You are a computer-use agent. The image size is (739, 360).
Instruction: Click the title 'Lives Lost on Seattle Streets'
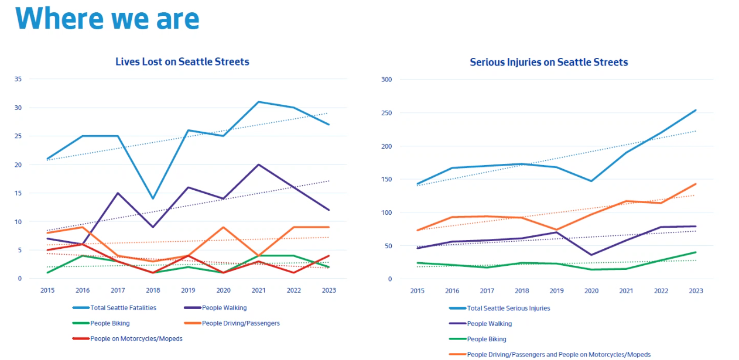(x=182, y=61)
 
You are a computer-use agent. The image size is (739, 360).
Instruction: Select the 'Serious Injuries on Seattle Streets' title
(x=549, y=62)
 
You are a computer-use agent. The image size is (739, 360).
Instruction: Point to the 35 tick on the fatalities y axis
(x=18, y=79)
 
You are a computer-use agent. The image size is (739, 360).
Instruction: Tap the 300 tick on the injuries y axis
(x=386, y=79)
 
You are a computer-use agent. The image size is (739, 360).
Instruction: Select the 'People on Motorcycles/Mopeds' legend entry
(x=136, y=338)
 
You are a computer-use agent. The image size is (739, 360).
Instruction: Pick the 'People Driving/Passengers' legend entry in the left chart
(x=241, y=323)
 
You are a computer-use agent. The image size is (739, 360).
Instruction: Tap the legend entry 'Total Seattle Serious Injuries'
(x=508, y=308)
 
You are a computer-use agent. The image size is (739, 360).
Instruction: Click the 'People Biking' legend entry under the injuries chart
(x=486, y=339)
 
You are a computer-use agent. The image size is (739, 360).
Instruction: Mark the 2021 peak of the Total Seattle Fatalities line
(x=258, y=102)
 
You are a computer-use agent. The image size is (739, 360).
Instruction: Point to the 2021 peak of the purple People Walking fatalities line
(x=258, y=164)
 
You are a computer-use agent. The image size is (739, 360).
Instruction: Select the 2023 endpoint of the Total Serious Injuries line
(x=696, y=110)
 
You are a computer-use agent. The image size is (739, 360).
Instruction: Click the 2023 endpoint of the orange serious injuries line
(x=696, y=184)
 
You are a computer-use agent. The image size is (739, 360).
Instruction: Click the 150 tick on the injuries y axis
(x=386, y=179)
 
